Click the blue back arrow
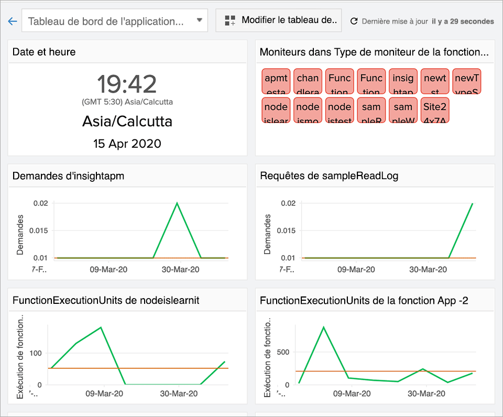pos(13,21)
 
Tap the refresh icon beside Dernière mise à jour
pos(354,21)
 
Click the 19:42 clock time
pos(127,84)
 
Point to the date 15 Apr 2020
pos(127,144)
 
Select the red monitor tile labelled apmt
pos(276,81)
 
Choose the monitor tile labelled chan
pos(308,81)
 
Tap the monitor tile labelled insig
pos(403,81)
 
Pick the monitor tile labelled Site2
pos(435,110)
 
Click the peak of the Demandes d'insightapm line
pos(177,203)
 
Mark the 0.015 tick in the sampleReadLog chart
pos(286,231)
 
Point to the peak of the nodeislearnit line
pos(101,327)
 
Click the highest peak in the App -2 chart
pos(323,327)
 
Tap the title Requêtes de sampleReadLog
pos(329,176)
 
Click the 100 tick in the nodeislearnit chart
pos(35,353)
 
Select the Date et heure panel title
pos(44,52)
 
